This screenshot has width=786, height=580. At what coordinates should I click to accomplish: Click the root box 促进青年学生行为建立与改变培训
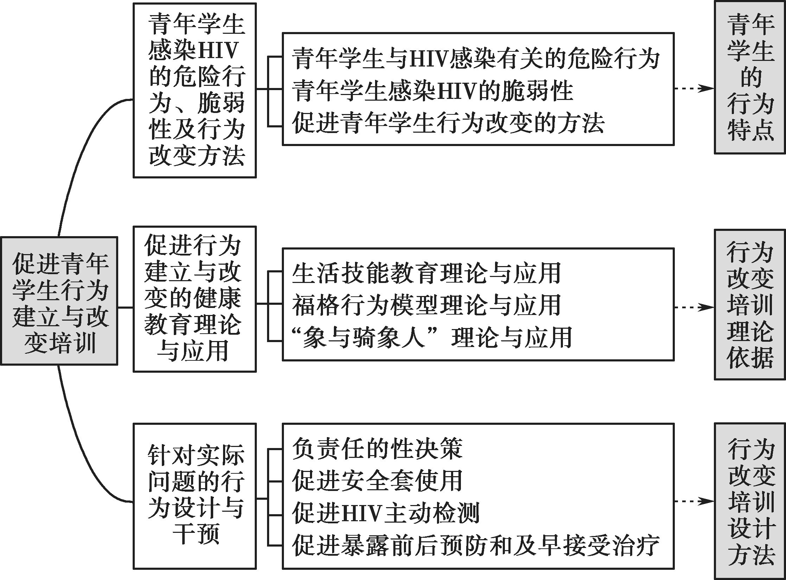(59, 301)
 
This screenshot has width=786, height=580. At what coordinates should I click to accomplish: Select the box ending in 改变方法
(195, 90)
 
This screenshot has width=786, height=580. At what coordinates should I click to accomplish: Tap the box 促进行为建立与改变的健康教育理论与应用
(195, 299)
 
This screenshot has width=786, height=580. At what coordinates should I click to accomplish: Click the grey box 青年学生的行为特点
(750, 77)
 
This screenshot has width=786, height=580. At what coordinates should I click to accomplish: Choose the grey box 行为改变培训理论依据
(750, 304)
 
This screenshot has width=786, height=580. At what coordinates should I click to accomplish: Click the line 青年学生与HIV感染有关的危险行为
(476, 58)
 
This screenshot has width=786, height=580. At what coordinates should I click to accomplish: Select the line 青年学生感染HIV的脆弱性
(433, 90)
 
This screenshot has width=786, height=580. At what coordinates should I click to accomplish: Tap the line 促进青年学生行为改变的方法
(449, 123)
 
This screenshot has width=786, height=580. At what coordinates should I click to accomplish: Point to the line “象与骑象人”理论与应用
(432, 337)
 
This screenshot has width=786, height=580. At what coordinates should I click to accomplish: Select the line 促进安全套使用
(378, 480)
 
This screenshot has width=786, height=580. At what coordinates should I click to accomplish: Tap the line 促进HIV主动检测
(386, 513)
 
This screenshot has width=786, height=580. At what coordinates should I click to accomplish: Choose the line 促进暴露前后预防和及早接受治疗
(476, 545)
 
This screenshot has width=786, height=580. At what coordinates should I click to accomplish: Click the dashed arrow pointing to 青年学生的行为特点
(694, 89)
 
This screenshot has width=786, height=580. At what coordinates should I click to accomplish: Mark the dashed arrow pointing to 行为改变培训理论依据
(694, 307)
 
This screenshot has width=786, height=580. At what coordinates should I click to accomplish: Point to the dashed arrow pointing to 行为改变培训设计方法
(694, 501)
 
